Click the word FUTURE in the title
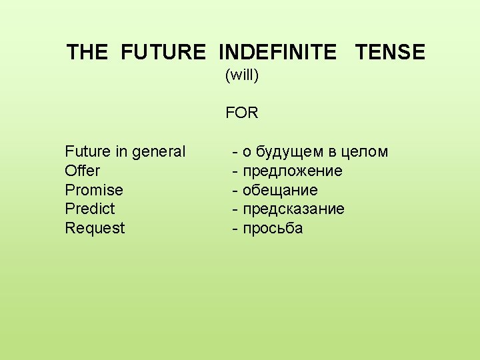click(x=163, y=52)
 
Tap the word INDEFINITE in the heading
click(x=277, y=52)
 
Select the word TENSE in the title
click(x=390, y=52)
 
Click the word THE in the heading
click(x=87, y=52)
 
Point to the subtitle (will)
click(x=241, y=75)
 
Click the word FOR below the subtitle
click(x=241, y=113)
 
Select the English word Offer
click(x=82, y=171)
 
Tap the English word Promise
click(x=94, y=190)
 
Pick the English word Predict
click(x=90, y=209)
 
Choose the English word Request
click(x=95, y=229)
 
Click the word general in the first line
click(x=159, y=152)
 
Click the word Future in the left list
click(x=87, y=152)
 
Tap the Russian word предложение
click(x=293, y=171)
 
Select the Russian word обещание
click(x=280, y=191)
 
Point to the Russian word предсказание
click(x=293, y=209)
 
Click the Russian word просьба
click(x=273, y=229)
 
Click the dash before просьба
click(x=235, y=229)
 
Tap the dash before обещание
click(x=235, y=191)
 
